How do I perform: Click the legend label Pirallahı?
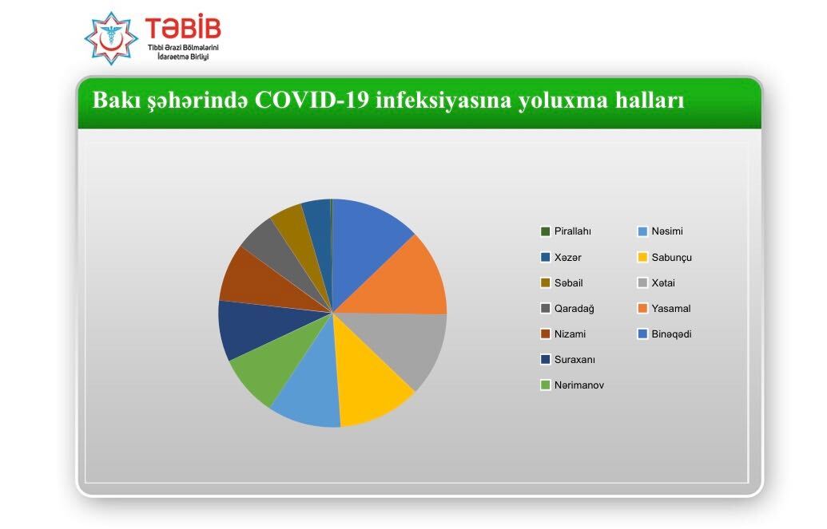[572, 231]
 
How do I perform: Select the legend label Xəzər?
[567, 257]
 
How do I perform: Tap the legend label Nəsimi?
[667, 231]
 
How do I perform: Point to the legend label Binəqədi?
[671, 334]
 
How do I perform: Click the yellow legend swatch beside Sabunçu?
[642, 257]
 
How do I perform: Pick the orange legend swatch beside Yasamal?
[642, 308]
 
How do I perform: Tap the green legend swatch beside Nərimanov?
[546, 385]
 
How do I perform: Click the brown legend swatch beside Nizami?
[546, 334]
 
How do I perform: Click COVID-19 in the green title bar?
[312, 100]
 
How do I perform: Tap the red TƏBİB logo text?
[183, 29]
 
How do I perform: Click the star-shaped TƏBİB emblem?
[111, 38]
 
